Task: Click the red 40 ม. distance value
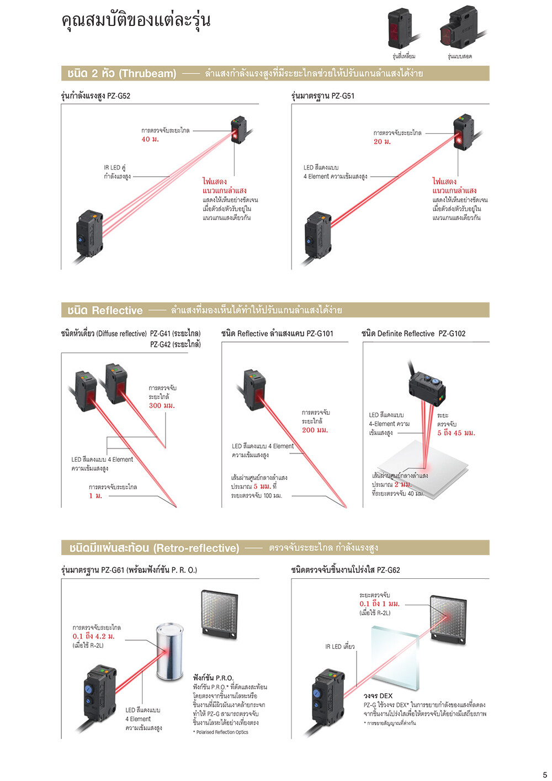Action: point(150,139)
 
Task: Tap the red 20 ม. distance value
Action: point(382,141)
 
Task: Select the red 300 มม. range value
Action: point(162,405)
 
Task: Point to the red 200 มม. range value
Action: point(315,430)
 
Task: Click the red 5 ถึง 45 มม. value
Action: point(456,433)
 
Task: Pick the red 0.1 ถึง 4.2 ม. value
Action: point(94,636)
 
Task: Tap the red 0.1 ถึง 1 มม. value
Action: point(379,604)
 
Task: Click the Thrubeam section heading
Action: point(121,73)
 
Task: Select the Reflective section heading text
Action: point(105,310)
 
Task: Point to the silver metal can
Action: point(169,652)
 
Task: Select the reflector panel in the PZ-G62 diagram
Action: point(448,621)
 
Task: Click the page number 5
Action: point(544,774)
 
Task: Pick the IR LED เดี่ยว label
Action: point(339,646)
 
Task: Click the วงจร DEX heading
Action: point(378,696)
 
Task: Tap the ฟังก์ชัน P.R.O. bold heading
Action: point(213,678)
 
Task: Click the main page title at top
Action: point(136,20)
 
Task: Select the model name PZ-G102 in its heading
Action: point(452,334)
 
